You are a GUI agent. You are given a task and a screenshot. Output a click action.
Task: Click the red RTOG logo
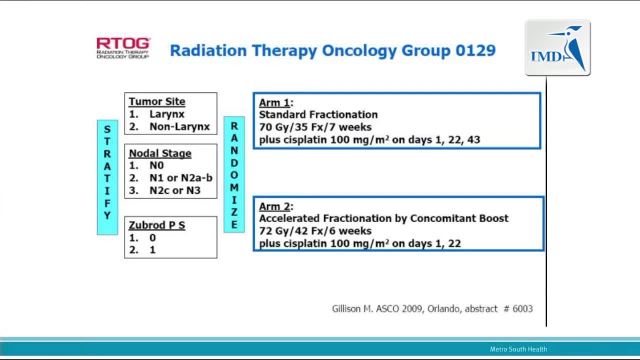click(123, 48)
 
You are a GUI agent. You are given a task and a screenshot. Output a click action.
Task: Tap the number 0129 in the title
click(475, 50)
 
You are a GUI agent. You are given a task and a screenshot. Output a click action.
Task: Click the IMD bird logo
click(557, 47)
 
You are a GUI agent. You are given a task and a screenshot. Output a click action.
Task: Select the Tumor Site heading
click(157, 101)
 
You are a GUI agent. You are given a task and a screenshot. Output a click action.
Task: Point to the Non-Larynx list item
click(179, 126)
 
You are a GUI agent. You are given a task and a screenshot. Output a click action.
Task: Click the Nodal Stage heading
click(160, 153)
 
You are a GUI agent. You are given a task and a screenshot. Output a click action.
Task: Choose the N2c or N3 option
click(175, 190)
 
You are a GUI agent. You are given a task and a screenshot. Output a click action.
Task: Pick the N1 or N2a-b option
click(181, 177)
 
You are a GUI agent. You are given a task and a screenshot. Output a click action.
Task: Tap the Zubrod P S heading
click(157, 225)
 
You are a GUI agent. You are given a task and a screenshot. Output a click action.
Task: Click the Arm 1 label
click(274, 102)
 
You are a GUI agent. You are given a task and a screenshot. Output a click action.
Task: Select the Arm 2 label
click(274, 206)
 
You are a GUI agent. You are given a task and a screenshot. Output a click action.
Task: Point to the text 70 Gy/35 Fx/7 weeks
click(315, 127)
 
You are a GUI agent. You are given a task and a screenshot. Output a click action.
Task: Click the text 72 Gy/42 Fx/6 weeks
click(315, 231)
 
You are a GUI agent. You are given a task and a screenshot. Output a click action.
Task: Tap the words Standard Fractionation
click(318, 114)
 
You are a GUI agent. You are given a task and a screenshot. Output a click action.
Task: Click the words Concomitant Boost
click(459, 218)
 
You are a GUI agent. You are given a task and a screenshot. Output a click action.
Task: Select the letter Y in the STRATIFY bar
click(107, 215)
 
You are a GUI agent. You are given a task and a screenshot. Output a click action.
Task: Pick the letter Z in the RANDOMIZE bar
click(234, 212)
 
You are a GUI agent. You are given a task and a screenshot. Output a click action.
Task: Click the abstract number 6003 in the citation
click(522, 308)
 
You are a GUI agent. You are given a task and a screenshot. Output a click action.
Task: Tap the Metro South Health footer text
click(518, 349)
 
